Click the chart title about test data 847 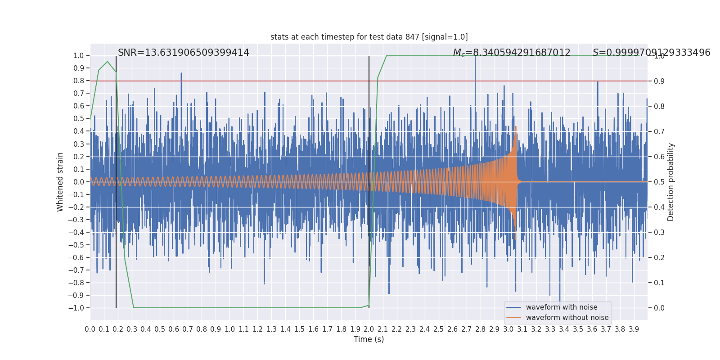click(369, 37)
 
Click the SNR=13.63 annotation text click(184, 52)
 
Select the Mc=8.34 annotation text click(512, 53)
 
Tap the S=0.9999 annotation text click(651, 52)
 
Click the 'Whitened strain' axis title click(60, 182)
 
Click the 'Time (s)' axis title click(369, 339)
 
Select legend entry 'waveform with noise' click(562, 307)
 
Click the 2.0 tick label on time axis click(369, 329)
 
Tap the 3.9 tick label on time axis click(634, 329)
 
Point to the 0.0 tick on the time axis click(90, 329)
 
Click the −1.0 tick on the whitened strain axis click(76, 308)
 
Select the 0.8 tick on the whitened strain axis click(79, 81)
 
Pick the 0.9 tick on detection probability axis click(659, 81)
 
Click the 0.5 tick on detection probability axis click(659, 182)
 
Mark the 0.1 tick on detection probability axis click(659, 283)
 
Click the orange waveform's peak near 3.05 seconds click(516, 126)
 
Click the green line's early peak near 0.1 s click(108, 61)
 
